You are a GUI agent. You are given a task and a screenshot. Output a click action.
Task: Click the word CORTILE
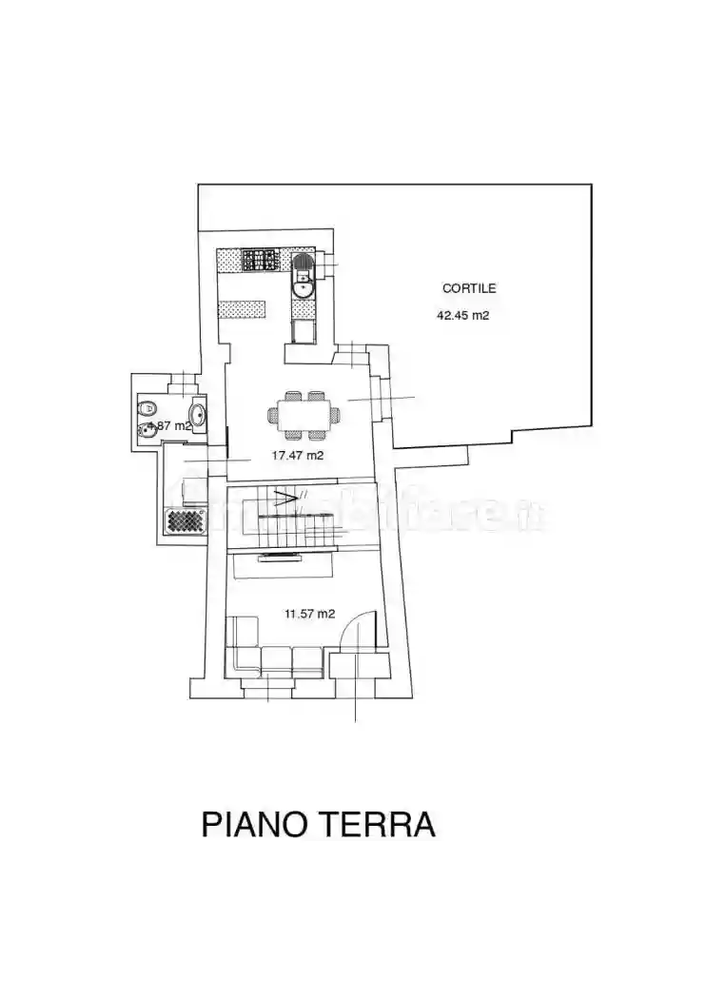click(x=469, y=288)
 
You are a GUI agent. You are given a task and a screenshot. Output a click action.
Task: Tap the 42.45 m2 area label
click(x=462, y=316)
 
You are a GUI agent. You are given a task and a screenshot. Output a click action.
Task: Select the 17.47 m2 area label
click(x=297, y=456)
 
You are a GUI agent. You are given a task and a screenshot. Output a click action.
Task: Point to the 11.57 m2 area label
click(x=309, y=614)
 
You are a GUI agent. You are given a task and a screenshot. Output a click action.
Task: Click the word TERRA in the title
click(x=381, y=824)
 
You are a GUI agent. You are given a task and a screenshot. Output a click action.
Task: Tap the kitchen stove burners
click(x=259, y=259)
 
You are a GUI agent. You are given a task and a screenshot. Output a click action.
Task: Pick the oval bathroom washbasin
click(x=198, y=414)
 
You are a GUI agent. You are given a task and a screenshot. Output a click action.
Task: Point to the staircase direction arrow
click(x=285, y=496)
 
